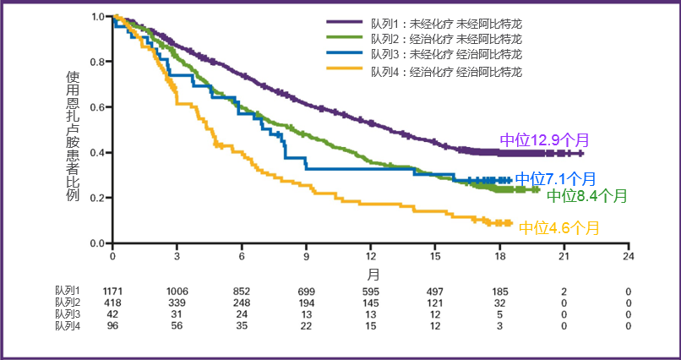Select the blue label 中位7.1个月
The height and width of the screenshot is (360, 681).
(x=555, y=178)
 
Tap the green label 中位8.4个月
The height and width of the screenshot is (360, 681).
(x=586, y=196)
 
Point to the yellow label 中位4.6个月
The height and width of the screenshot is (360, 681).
(x=558, y=227)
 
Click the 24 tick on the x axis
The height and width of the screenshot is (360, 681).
(x=628, y=255)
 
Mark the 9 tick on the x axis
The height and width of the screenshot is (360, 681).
(x=306, y=255)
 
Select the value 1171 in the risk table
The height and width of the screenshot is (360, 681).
(x=113, y=292)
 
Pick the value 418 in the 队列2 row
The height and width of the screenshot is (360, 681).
(x=113, y=303)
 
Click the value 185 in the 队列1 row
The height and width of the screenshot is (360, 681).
(x=499, y=292)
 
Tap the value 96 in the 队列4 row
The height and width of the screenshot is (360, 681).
(x=113, y=325)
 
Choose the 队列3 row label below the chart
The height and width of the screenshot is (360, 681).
(x=68, y=314)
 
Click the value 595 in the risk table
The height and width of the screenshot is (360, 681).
(x=370, y=292)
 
